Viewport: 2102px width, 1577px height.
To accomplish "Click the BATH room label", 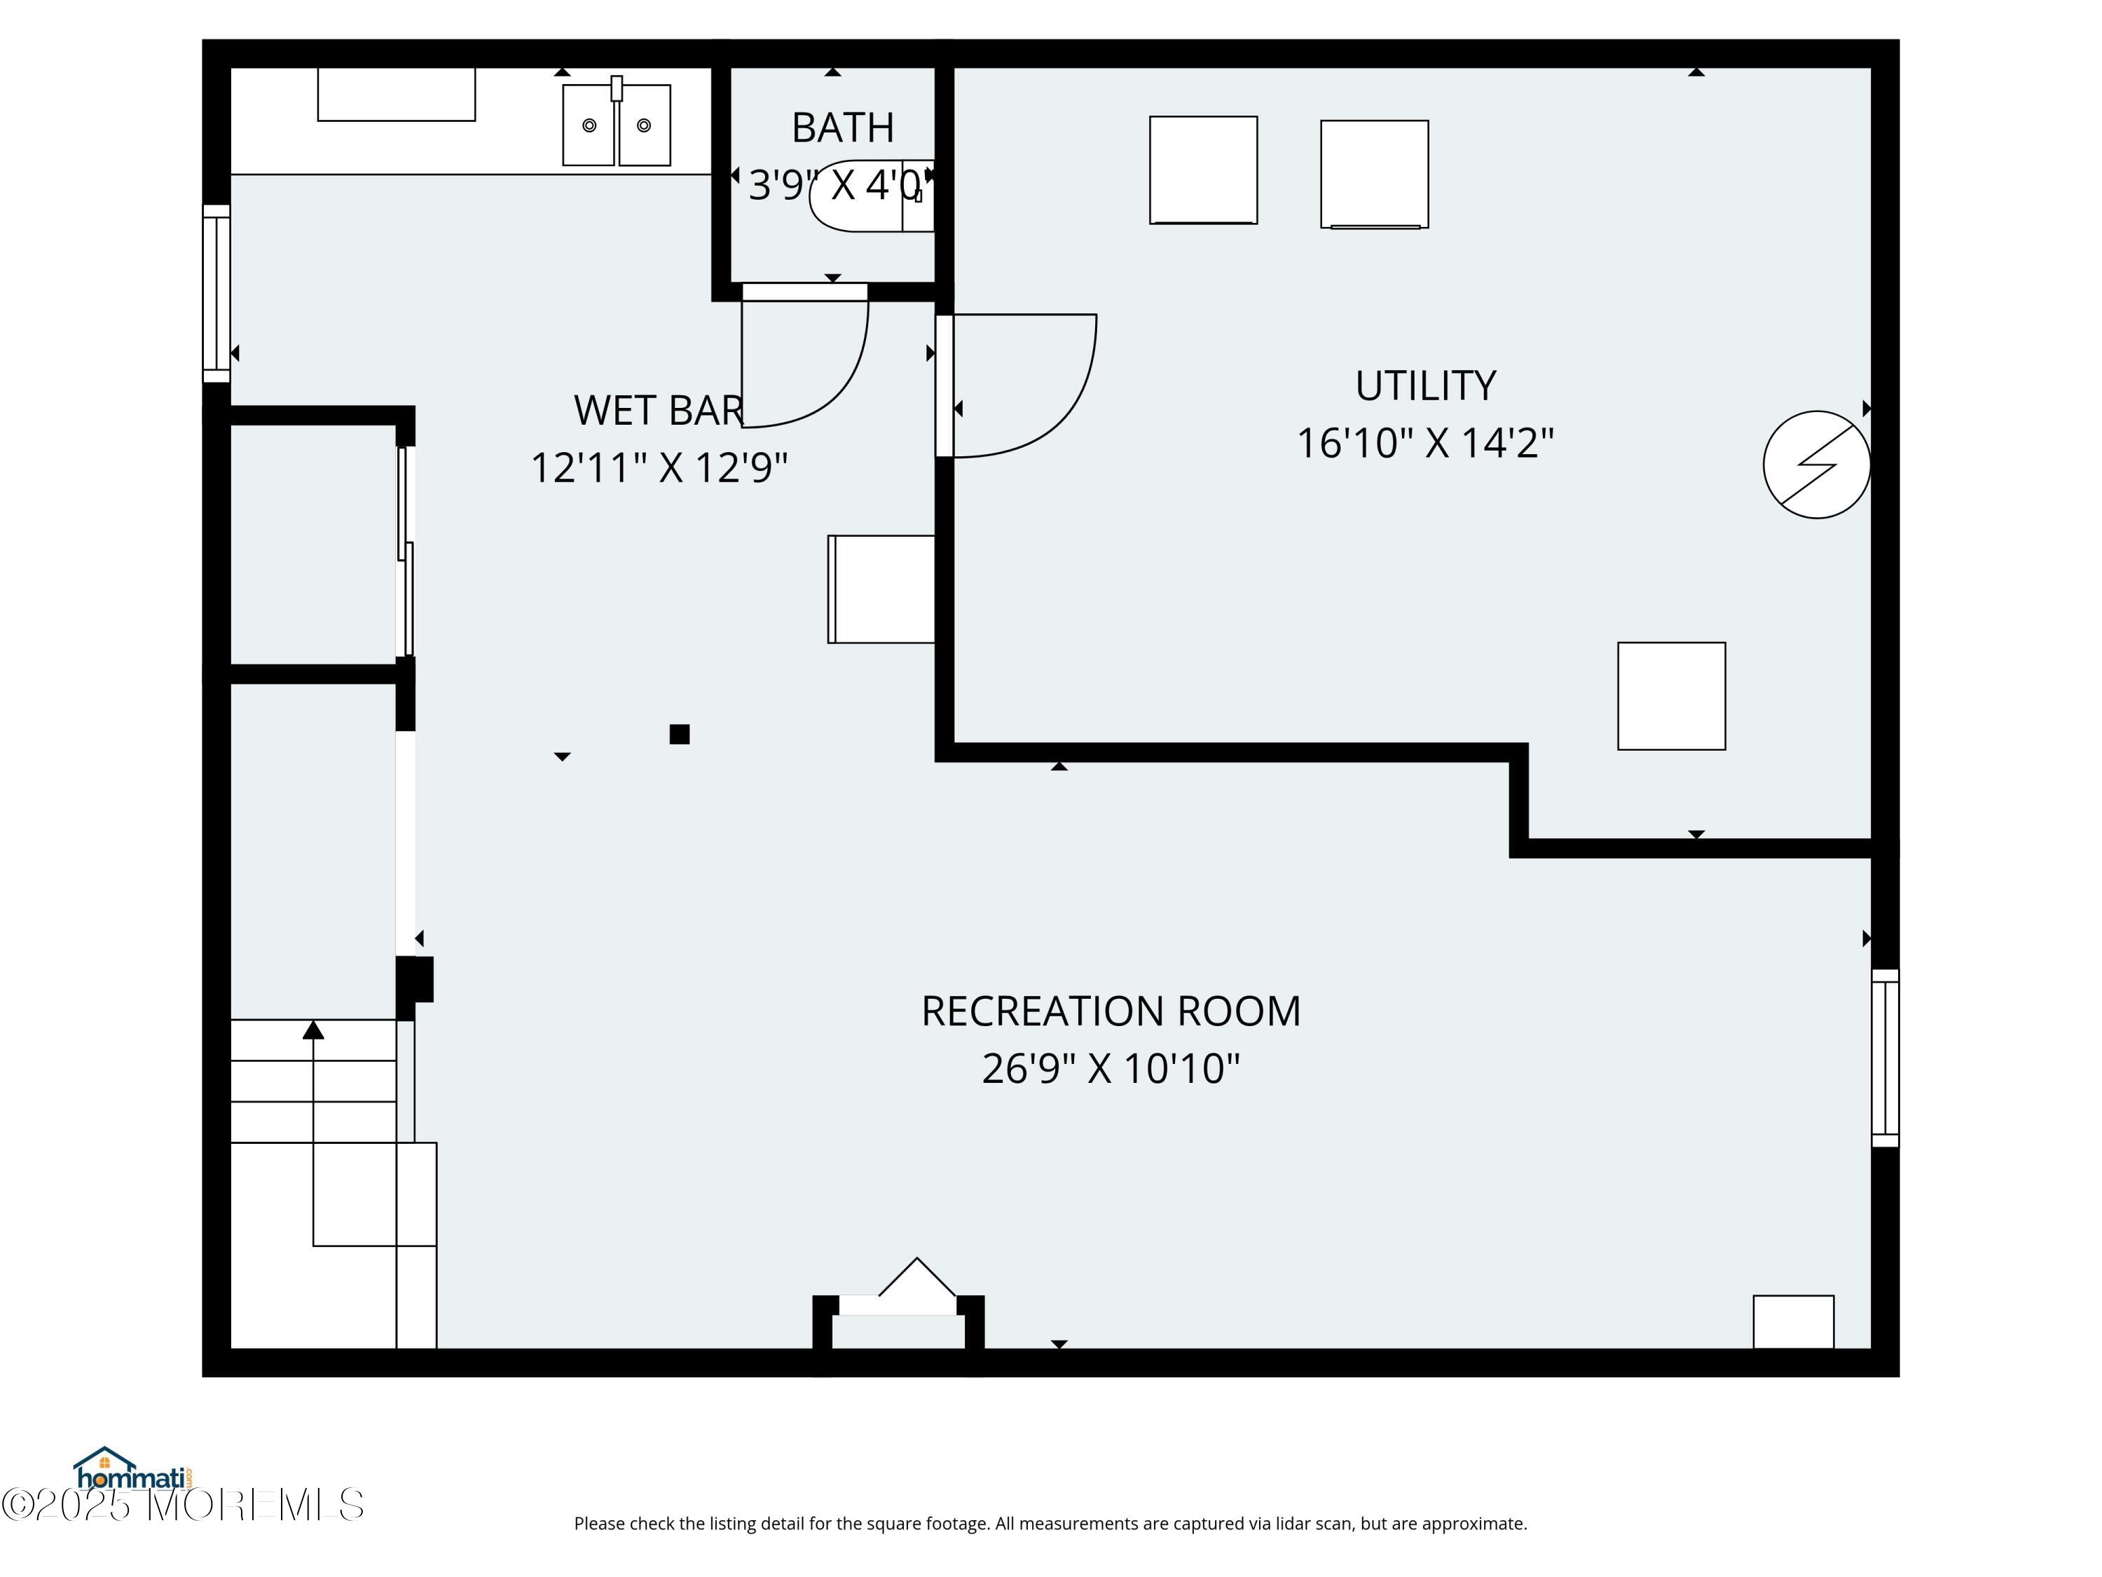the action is point(842,128).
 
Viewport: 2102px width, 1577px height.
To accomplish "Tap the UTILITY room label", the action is point(1425,386).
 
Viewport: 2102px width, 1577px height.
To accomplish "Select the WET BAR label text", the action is point(659,411).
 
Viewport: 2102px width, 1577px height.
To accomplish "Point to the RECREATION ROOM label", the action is point(1111,1011).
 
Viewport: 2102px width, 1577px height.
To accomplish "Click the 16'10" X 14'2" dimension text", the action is point(1425,443).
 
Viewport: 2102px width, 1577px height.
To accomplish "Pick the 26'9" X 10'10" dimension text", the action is point(1111,1068).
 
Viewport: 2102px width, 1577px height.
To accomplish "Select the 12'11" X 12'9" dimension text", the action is point(659,467).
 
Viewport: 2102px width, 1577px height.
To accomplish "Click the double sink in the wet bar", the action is point(617,123).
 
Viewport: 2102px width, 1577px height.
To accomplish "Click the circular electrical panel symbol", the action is point(1816,465).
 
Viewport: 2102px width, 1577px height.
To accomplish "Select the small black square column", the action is point(680,734).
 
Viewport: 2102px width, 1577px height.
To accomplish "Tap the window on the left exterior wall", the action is point(217,294).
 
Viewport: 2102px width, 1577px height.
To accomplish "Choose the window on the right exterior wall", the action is point(1885,1058).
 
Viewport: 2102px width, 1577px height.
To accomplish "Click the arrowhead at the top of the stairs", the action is point(314,1030).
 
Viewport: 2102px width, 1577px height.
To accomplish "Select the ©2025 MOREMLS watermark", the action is point(182,1505).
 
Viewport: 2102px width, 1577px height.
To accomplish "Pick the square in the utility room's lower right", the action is point(1672,696).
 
